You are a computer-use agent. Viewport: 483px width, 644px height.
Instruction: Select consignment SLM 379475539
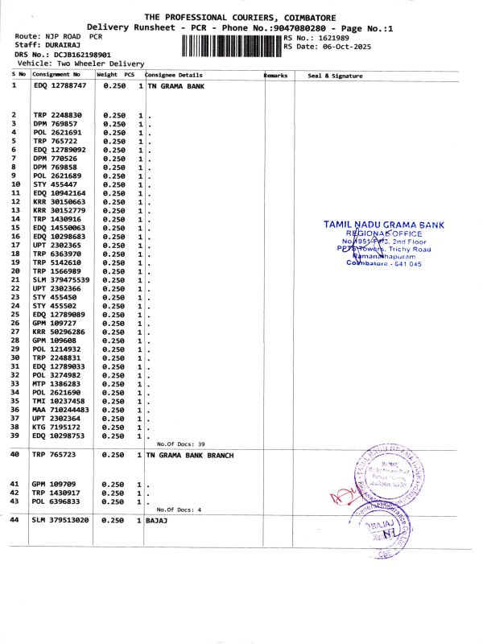click(61, 280)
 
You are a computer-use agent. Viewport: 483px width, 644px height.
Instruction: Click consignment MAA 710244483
click(61, 410)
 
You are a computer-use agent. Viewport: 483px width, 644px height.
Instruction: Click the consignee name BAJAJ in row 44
click(157, 521)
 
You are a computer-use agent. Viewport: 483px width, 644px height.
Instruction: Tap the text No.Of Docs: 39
click(181, 444)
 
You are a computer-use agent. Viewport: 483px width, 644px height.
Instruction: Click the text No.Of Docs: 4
click(179, 510)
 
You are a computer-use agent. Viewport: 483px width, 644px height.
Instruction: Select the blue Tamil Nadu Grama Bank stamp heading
click(383, 225)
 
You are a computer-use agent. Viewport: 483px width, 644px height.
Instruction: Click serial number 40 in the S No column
click(14, 455)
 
